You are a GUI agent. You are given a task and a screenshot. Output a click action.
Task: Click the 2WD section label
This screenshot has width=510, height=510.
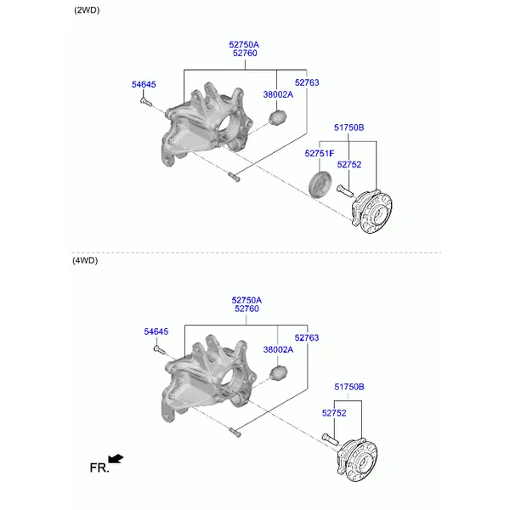pos(87,10)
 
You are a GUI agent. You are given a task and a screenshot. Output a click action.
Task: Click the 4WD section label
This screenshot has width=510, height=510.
pos(85,261)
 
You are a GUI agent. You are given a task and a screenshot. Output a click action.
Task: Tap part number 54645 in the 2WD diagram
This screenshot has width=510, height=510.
pos(144,84)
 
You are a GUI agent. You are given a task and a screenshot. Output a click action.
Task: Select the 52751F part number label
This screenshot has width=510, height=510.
pos(320,153)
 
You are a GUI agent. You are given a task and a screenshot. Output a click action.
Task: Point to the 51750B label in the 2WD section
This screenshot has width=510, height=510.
pos(349,127)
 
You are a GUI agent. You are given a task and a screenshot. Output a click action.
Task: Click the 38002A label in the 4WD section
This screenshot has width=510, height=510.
pos(278,349)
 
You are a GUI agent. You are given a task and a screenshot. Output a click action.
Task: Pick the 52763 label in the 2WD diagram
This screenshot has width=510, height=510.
pos(307,82)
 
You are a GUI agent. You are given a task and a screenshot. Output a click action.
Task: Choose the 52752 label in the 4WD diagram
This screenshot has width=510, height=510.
pos(334,413)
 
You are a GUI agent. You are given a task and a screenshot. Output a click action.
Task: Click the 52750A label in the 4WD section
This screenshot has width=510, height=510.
pos(246,300)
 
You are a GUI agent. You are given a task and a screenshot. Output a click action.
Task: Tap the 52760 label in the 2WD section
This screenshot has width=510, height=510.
pos(245,53)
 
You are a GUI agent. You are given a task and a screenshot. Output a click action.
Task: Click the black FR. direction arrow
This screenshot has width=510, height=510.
pos(116,459)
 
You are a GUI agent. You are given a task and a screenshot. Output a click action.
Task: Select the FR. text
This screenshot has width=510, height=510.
pos(99,468)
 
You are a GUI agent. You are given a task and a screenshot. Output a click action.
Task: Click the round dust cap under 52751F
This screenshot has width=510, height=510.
pos(320,184)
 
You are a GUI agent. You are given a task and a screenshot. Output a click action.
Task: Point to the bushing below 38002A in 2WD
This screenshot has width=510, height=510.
pos(278,118)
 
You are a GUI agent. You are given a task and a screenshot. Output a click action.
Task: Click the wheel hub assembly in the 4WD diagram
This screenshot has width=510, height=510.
pos(357,460)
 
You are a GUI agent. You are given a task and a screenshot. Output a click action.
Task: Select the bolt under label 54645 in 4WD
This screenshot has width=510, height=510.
pos(160,349)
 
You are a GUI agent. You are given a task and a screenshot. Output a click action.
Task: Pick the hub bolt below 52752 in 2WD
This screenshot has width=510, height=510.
pos(345,190)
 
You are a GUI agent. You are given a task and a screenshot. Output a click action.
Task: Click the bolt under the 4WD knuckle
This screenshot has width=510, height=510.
pos(235,433)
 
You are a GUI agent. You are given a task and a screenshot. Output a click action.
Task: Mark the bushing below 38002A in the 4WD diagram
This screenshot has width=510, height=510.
pos(279,373)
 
